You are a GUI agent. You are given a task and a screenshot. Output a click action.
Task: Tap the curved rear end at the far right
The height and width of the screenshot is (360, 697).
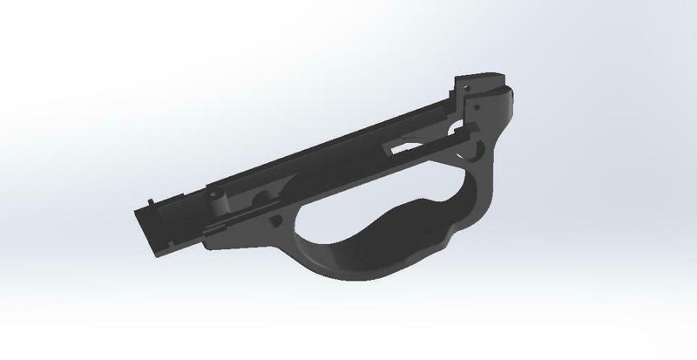[x=513, y=105]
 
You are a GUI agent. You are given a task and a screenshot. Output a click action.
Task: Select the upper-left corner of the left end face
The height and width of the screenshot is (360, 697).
[x=136, y=209]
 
